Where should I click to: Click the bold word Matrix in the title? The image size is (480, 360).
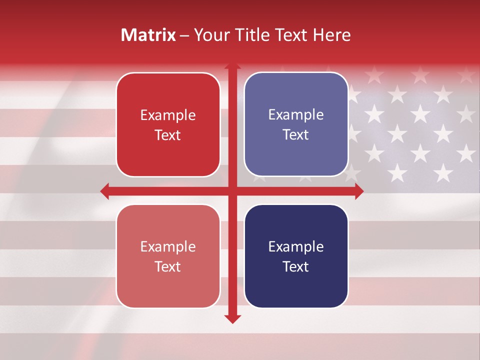click(x=148, y=35)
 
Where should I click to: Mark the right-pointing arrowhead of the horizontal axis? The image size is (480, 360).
click(x=358, y=191)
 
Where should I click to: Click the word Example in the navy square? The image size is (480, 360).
click(x=296, y=246)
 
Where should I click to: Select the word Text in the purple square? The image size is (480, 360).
click(x=296, y=134)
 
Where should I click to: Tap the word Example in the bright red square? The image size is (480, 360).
click(x=168, y=115)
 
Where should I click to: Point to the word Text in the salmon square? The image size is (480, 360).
click(x=168, y=266)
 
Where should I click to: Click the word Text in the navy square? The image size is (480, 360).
click(x=296, y=266)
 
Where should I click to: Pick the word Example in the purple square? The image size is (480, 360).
click(x=296, y=114)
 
